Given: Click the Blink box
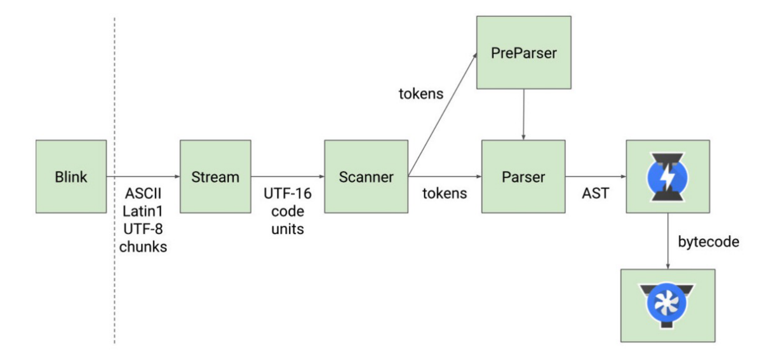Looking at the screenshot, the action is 71,176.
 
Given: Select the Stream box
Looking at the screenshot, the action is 215,176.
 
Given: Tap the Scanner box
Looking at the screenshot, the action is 366,176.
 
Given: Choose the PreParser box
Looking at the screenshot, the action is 524,52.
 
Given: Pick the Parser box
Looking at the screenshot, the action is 523,176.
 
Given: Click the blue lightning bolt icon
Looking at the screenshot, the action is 668,177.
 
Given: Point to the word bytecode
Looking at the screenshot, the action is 709,242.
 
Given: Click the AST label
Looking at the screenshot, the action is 596,194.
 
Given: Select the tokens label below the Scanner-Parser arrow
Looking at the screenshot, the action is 445,194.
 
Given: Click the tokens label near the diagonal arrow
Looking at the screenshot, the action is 421,94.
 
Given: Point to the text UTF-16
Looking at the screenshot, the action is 288,194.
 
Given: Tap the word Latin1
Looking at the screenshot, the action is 143,211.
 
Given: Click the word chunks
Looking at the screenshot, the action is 143,247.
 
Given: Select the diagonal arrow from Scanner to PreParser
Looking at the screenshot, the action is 442,115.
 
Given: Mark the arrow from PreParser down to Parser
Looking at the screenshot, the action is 523,115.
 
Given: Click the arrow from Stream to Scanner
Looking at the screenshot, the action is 288,176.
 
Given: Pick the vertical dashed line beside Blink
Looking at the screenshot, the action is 114,180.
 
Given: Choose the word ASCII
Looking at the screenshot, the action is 143,194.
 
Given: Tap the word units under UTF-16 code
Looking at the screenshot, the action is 288,229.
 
